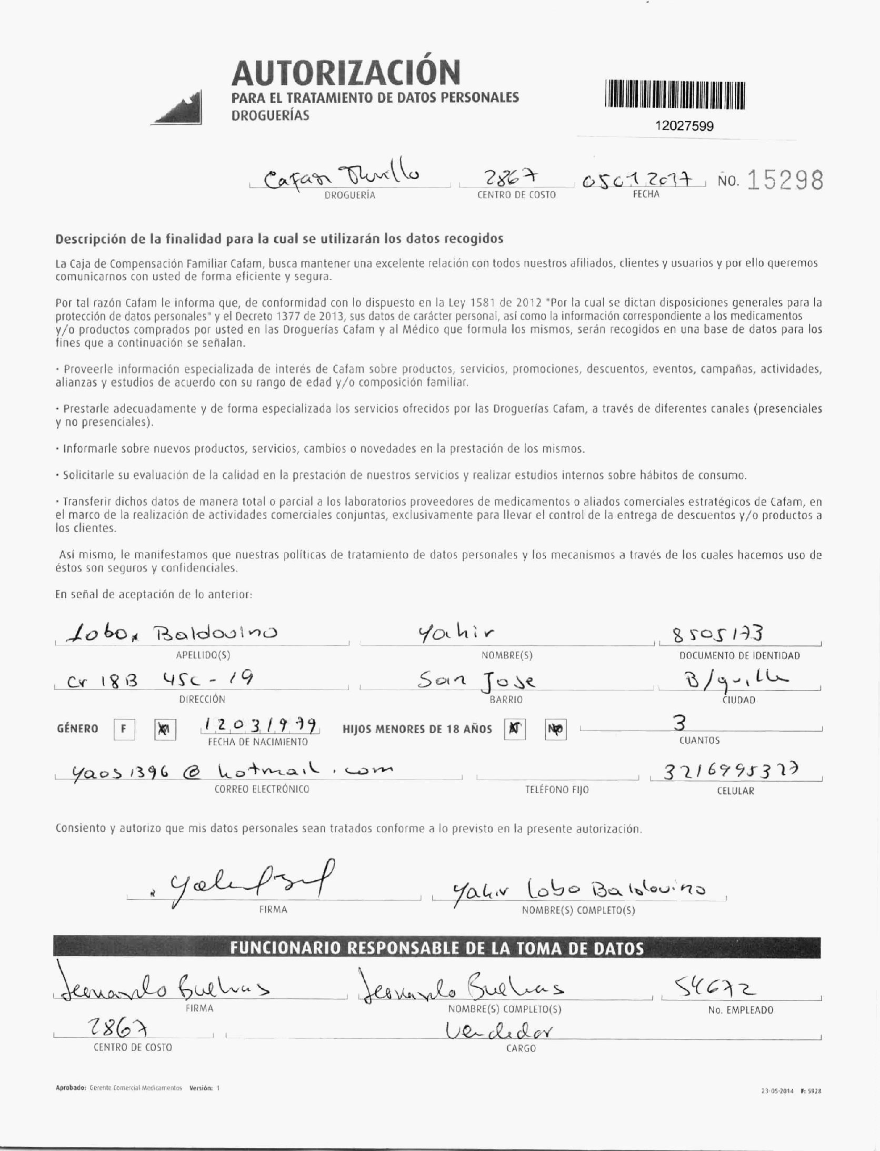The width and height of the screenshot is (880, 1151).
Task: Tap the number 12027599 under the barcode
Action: [684, 126]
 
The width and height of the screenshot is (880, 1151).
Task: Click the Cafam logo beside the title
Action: [177, 108]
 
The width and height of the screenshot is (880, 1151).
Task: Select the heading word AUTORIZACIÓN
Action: [346, 73]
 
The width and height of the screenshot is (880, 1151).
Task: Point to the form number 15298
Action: [785, 181]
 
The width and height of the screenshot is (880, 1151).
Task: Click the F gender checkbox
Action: [124, 730]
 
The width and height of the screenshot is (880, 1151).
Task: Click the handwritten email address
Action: [232, 772]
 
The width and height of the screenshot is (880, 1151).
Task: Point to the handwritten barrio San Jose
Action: [477, 682]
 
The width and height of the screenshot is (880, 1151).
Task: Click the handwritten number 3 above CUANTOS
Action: [679, 723]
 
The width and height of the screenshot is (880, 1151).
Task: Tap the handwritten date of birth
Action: [260, 727]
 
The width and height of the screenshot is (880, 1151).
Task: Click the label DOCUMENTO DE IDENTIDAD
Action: [739, 656]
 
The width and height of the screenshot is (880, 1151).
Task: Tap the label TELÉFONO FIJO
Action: [557, 790]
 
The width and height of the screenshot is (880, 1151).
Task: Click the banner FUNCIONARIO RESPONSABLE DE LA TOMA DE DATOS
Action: [437, 949]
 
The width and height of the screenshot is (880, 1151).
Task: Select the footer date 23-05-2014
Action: [777, 1091]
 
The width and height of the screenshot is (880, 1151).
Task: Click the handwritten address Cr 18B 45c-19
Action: [161, 681]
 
